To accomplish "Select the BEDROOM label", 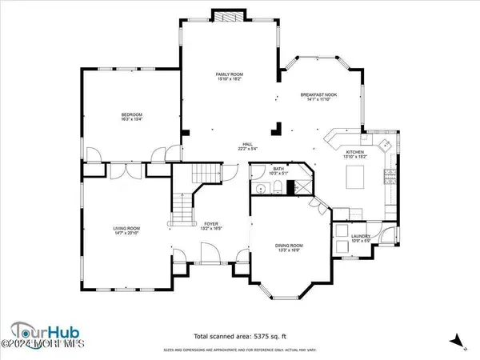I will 131,115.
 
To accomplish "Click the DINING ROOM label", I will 290,245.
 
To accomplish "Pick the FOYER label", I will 211,224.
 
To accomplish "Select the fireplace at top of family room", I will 223,17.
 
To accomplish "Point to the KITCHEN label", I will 354,151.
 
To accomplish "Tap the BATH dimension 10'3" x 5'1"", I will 278,174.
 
